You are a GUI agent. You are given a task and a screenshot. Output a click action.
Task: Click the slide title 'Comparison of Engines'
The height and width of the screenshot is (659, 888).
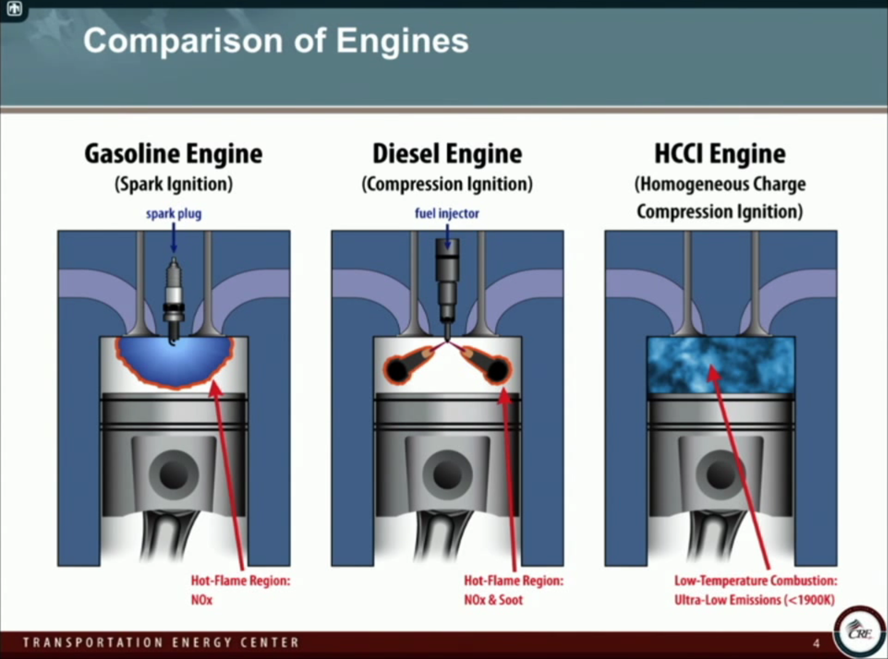click(x=275, y=41)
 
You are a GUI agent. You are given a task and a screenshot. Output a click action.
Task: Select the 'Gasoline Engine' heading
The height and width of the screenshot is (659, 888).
click(x=173, y=154)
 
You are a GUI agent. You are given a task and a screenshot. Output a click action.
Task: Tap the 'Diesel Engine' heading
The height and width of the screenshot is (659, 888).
click(x=447, y=154)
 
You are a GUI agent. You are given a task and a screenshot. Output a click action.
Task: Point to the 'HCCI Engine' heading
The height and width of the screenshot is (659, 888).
click(x=720, y=154)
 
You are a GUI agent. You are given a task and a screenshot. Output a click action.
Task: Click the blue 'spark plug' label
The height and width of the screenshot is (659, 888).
click(x=173, y=214)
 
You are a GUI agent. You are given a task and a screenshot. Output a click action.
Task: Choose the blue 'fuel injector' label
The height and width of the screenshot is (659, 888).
click(x=446, y=214)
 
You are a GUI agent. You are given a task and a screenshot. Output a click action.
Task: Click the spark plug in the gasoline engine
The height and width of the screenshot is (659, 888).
click(x=174, y=295)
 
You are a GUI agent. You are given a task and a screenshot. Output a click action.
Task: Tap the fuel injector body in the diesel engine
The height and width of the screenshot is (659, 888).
click(x=448, y=277)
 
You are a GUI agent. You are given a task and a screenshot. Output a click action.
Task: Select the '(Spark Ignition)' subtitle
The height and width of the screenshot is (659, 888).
click(x=173, y=184)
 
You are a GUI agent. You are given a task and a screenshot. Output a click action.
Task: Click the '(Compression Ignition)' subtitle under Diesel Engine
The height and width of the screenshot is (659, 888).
click(x=447, y=184)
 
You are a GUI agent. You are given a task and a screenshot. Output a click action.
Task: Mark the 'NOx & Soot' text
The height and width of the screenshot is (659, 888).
click(x=493, y=600)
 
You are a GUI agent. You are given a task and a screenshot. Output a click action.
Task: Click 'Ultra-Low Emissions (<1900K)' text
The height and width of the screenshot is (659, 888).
click(x=754, y=600)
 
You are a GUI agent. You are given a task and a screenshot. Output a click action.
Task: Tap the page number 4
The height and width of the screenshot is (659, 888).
click(x=816, y=644)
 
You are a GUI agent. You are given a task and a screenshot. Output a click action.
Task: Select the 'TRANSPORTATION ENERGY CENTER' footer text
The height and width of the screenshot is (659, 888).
click(x=161, y=643)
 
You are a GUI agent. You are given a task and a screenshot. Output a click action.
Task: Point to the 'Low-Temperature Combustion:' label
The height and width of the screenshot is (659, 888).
click(x=756, y=581)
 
